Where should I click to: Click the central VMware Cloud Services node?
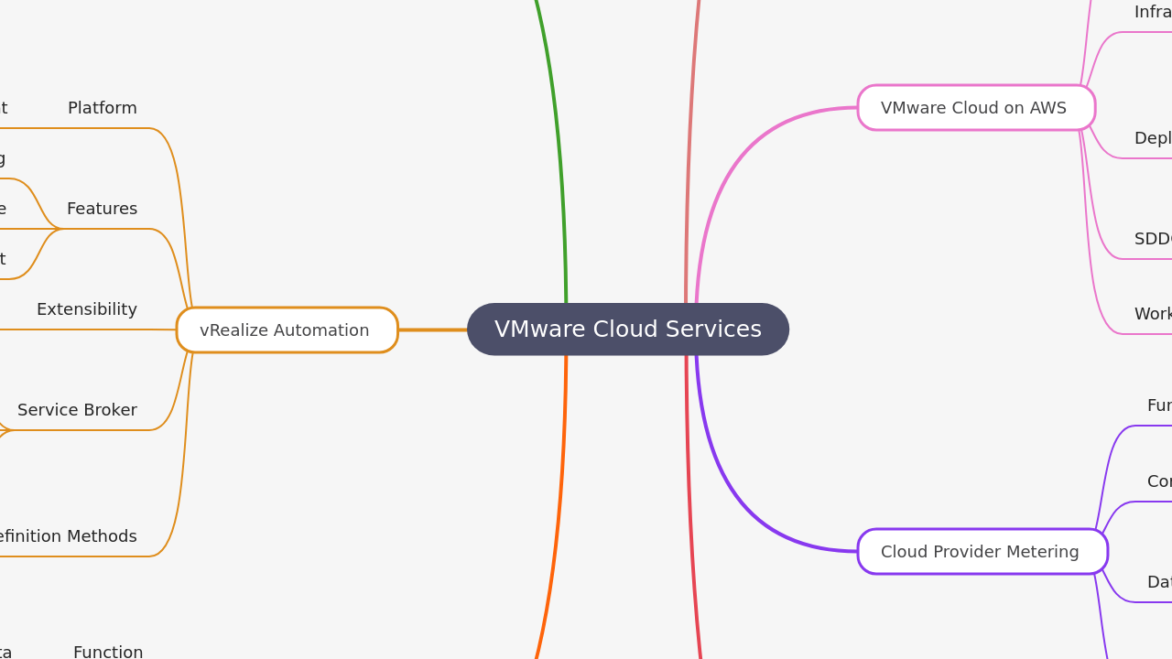pyautogui.click(x=628, y=329)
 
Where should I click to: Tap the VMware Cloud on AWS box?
pyautogui.click(x=976, y=108)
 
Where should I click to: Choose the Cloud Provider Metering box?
pyautogui.click(x=982, y=552)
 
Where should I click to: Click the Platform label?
pyautogui.click(x=103, y=108)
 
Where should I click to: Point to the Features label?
pyautogui.click(x=102, y=209)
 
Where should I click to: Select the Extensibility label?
pyautogui.click(x=87, y=309)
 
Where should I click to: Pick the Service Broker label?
pyautogui.click(x=77, y=410)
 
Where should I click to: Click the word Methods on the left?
pyautogui.click(x=102, y=536)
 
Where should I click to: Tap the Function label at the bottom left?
pyautogui.click(x=108, y=652)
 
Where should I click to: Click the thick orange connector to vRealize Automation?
pyautogui.click(x=432, y=329)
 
